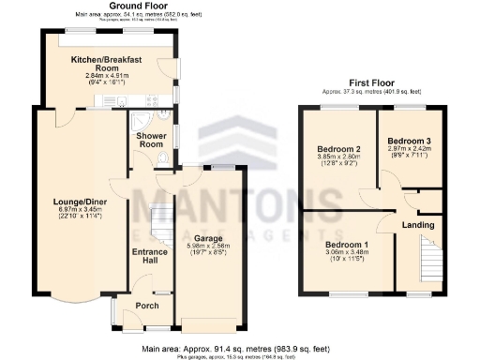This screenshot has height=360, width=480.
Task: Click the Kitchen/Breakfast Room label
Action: tap(107, 64)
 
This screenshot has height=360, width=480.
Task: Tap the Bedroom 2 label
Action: tap(338, 149)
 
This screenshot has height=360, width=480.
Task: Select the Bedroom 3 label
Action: tap(410, 140)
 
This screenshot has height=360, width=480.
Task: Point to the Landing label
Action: tap(417, 225)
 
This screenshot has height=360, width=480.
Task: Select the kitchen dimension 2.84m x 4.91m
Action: tap(107, 78)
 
